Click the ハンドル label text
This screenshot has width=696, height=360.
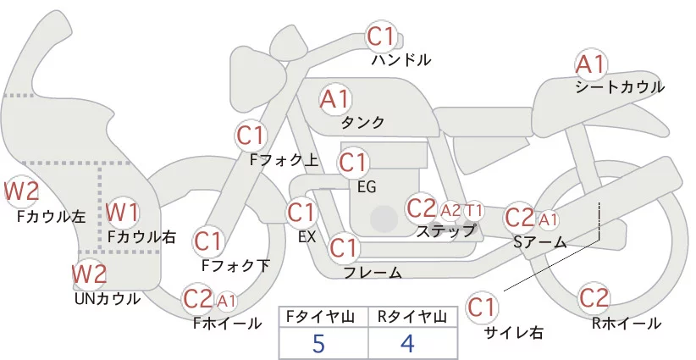pos(401,60)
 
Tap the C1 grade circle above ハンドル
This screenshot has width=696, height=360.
pos(381,36)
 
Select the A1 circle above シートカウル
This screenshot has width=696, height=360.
pos(590,64)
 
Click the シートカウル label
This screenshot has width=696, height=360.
pos(619,87)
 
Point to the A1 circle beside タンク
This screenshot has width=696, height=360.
pos(334,99)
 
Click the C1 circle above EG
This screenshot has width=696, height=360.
pos(353,162)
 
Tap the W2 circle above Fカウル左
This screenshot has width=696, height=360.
pos(21,191)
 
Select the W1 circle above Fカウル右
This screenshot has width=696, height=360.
pos(124,211)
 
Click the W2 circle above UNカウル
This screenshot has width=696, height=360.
pos(89,274)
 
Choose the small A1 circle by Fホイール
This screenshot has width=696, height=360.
pos(227,300)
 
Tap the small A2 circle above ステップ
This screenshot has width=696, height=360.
pos(451,209)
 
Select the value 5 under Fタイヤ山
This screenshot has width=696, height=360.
pos(318,345)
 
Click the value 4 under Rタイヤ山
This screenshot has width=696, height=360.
pos(407,345)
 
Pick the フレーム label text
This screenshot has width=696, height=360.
pos(373,273)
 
